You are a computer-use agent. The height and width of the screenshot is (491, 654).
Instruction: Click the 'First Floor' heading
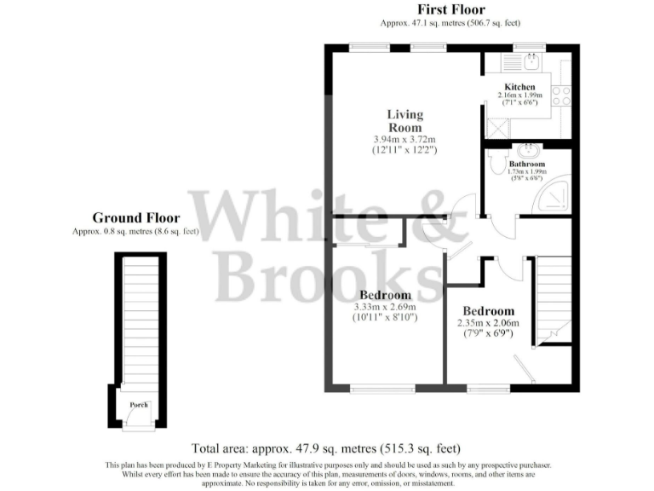pyautogui.click(x=450, y=10)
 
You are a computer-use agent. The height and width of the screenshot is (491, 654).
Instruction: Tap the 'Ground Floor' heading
pyautogui.click(x=136, y=218)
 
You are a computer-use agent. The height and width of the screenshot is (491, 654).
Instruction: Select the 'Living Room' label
pyautogui.click(x=404, y=120)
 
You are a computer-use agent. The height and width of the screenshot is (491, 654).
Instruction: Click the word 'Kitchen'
pyautogui.click(x=519, y=87)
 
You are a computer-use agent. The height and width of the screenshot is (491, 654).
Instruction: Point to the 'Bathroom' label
pyautogui.click(x=527, y=164)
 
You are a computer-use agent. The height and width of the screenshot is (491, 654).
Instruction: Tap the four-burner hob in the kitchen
pyautogui.click(x=561, y=95)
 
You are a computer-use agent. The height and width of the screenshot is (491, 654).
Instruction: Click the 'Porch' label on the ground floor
pyautogui.click(x=138, y=405)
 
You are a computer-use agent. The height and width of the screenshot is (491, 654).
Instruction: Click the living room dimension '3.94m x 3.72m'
pyautogui.click(x=404, y=140)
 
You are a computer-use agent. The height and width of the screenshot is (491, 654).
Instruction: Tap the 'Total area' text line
pyautogui.click(x=326, y=448)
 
